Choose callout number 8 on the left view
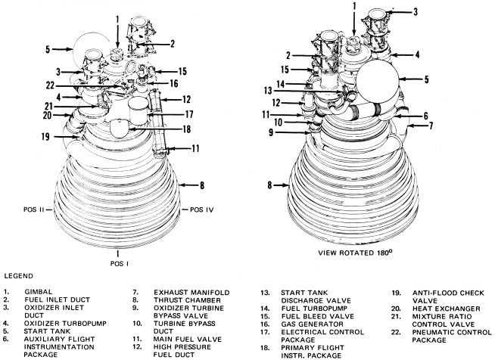pyautogui.click(x=202, y=184)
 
